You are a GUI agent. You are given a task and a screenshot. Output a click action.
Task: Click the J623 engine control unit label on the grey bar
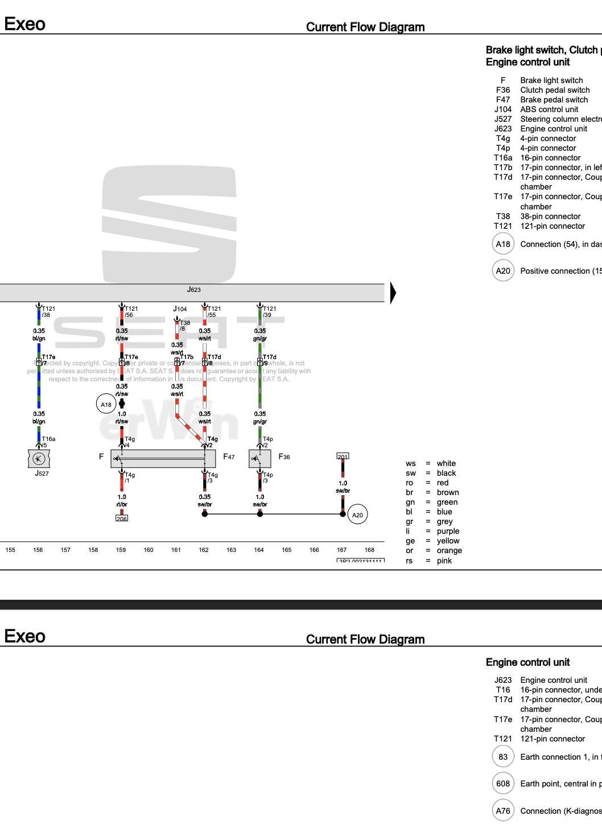[194, 290]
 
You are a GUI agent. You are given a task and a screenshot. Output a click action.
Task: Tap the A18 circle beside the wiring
[106, 405]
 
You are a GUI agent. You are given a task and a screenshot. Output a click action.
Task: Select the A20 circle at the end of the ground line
[357, 515]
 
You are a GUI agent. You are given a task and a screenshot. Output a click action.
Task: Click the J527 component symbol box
[39, 458]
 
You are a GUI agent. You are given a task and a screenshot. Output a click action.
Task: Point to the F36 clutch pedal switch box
[259, 458]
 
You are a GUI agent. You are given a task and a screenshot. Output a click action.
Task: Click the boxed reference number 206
[122, 518]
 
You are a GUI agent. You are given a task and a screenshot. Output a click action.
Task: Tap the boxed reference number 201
[343, 456]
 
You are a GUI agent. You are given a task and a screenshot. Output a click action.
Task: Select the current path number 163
[231, 550]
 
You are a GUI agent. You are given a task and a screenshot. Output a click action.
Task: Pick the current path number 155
[10, 550]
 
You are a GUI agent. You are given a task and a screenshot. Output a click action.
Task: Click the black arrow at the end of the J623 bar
[393, 292]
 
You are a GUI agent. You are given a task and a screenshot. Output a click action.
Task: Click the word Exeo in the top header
[24, 24]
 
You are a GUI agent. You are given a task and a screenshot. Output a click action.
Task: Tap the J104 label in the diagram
[180, 309]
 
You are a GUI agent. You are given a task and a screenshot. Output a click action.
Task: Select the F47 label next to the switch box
[229, 456]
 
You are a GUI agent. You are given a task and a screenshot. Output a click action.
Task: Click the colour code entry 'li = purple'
[432, 531]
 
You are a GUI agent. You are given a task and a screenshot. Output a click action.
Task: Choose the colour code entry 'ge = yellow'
[432, 541]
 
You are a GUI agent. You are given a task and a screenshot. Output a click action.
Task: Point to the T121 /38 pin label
[48, 311]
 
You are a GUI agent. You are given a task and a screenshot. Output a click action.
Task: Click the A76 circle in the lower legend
[503, 811]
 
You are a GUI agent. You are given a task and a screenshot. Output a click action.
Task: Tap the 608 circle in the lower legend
[503, 784]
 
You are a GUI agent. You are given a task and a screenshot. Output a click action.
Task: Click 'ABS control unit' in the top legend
[549, 109]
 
